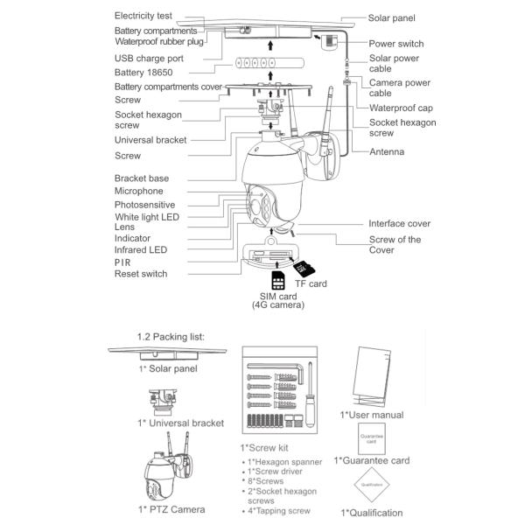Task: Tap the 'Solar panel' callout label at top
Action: pos(391,17)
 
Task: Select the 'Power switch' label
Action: pos(396,44)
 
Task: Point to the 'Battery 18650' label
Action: pos(146,72)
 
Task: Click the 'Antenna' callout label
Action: pos(386,151)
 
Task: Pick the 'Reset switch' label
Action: pos(140,274)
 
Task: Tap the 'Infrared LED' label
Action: pos(140,249)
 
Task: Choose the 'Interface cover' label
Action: pos(399,224)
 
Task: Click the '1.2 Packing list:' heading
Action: pos(171,336)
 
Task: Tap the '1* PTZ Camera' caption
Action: pos(171,509)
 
